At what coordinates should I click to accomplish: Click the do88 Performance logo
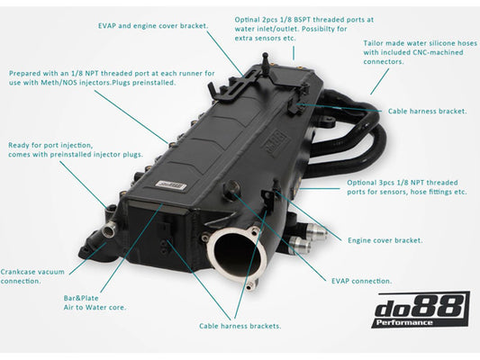[x=421, y=310]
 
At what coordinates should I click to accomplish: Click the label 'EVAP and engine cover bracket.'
[x=153, y=26]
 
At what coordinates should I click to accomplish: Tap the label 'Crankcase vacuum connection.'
[x=32, y=276]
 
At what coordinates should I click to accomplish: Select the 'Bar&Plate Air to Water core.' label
[x=95, y=302]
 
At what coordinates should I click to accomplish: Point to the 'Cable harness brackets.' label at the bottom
[x=240, y=326]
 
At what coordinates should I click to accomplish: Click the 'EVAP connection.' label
[x=361, y=281]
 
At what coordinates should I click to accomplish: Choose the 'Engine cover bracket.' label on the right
[x=385, y=240]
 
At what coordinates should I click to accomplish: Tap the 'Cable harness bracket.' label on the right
[x=428, y=111]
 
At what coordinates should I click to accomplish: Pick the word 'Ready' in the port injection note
[x=18, y=145]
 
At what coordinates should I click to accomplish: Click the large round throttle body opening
[x=237, y=255]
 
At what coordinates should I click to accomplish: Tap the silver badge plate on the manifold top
[x=171, y=184]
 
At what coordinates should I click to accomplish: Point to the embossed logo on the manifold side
[x=275, y=144]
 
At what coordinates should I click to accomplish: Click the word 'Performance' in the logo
[x=404, y=322]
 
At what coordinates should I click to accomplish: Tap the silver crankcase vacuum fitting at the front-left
[x=110, y=228]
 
